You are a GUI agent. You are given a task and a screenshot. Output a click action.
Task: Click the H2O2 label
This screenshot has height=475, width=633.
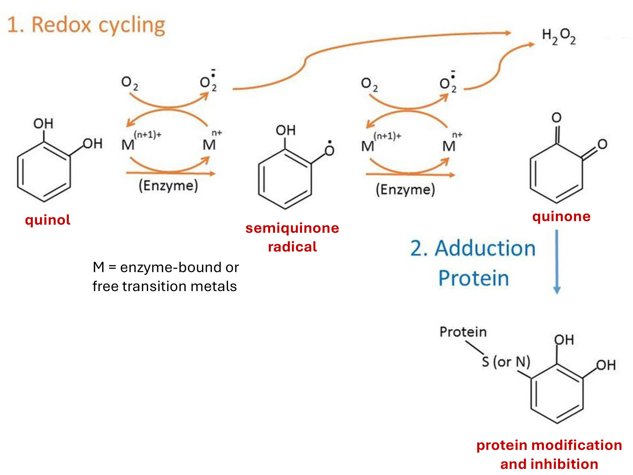tap(558, 37)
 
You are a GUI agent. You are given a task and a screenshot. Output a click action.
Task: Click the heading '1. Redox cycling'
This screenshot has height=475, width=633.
tap(86, 25)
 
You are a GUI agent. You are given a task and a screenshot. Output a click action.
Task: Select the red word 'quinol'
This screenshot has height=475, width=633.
tap(47, 220)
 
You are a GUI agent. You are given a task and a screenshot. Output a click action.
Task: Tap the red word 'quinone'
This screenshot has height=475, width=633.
tap(561, 217)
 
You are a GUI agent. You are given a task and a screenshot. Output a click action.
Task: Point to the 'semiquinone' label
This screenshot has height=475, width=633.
tap(292, 228)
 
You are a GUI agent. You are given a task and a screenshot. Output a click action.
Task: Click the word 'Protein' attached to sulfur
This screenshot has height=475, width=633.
tap(463, 332)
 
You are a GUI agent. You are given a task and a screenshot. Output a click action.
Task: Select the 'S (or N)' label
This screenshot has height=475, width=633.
tap(506, 362)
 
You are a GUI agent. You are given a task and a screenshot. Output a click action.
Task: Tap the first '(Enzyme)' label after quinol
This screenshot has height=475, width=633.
tap(168, 186)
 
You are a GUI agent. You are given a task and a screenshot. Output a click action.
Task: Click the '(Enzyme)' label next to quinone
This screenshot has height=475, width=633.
tap(405, 189)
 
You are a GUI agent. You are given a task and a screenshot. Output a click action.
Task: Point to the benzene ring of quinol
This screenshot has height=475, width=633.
tap(44, 172)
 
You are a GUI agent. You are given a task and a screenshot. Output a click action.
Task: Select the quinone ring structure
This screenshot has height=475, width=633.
tap(556, 174)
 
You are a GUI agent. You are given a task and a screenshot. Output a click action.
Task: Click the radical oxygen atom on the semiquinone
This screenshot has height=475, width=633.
tap(329, 150)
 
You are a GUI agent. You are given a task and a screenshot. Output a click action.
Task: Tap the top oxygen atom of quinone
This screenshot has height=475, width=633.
tap(556, 118)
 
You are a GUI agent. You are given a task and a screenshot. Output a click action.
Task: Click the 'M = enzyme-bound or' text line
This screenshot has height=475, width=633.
tap(165, 268)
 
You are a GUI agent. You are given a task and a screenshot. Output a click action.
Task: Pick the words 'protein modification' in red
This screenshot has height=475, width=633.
tap(549, 445)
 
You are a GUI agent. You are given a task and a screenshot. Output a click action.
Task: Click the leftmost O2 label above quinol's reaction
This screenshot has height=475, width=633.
tap(129, 83)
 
